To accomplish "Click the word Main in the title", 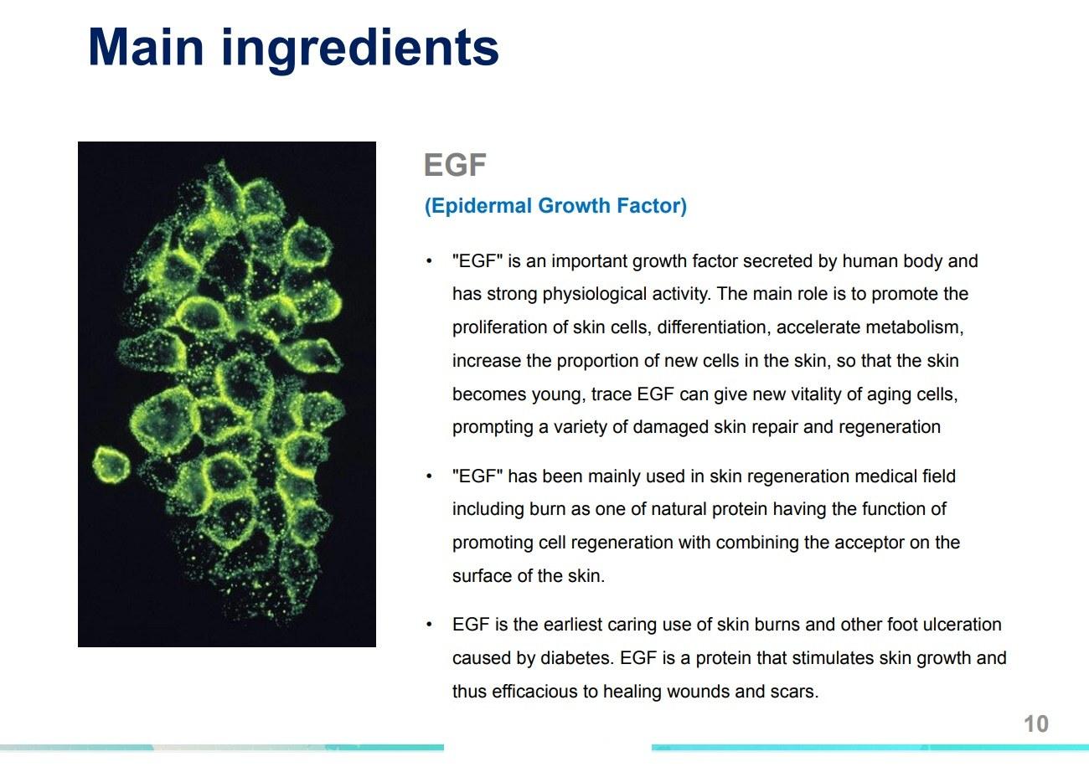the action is tap(146, 47).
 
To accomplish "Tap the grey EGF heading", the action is tap(455, 165).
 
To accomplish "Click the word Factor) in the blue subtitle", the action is tap(652, 206).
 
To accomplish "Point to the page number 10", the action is tap(1036, 723).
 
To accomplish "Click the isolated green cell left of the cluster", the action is tap(111, 464).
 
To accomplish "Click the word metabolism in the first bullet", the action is tap(912, 327).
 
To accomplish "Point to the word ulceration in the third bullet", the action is tap(963, 625).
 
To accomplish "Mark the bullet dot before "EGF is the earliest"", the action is tap(429, 624).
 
